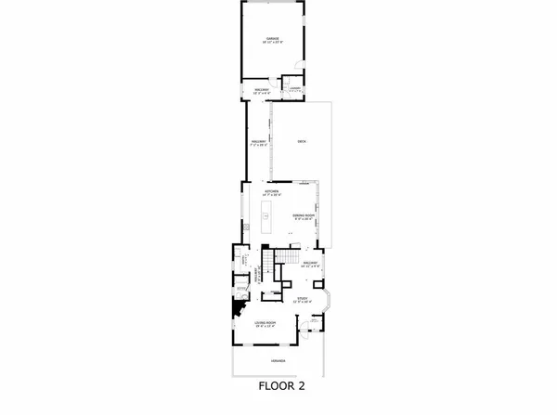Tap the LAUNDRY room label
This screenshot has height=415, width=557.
tap(294, 89)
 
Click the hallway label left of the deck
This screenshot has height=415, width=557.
tap(258, 144)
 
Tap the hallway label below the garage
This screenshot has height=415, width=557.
tap(262, 89)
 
